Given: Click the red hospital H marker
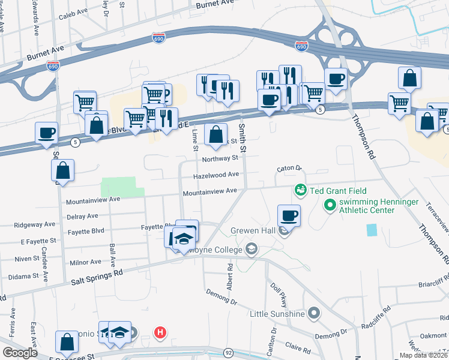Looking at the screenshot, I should [x=160, y=332].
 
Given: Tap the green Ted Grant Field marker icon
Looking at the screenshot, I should [x=301, y=190].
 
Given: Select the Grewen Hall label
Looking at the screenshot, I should [x=252, y=231].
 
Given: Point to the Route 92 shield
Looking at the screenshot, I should [x=228, y=353].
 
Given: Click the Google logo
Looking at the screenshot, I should [x=20, y=353].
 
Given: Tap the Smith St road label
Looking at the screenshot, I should [x=242, y=137].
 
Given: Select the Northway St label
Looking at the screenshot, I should [x=220, y=159].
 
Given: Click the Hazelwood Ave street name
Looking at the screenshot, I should [x=215, y=175].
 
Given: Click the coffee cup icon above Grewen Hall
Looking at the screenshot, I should [x=289, y=215].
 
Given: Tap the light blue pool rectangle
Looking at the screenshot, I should [x=372, y=230].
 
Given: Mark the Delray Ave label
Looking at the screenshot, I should [x=82, y=216].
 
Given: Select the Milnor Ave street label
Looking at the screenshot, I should [x=86, y=262].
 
